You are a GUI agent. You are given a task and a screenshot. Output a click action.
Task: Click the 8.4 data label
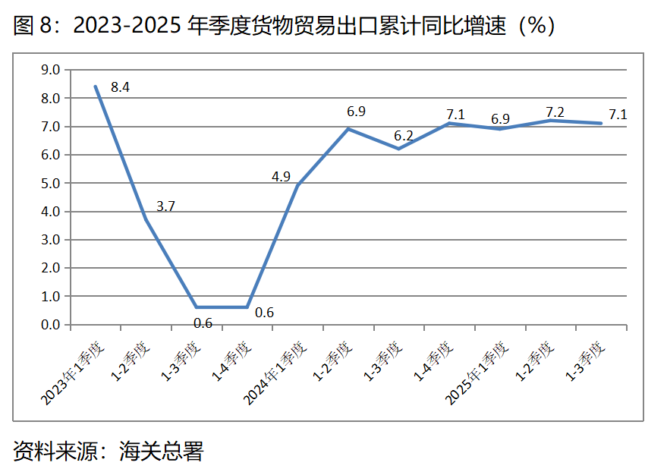click(120, 87)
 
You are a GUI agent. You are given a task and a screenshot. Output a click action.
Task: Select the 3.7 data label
click(165, 206)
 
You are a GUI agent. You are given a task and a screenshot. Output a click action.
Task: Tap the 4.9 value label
click(281, 177)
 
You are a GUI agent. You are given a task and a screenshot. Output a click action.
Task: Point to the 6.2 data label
click(403, 137)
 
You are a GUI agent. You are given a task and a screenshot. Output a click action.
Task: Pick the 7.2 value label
click(555, 109)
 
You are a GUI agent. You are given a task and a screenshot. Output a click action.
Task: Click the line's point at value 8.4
click(96, 87)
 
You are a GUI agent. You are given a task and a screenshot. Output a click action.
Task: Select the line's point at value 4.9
click(298, 185)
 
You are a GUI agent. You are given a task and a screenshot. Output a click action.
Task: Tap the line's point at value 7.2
click(551, 120)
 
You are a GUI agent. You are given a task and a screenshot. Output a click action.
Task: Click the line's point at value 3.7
click(146, 219)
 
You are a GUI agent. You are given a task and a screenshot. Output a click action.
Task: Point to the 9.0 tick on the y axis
click(50, 70)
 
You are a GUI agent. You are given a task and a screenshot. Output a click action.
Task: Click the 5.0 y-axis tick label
click(50, 183)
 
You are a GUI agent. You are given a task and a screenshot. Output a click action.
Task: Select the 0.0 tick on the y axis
click(50, 325)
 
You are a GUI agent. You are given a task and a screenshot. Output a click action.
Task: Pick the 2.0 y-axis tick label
click(50, 268)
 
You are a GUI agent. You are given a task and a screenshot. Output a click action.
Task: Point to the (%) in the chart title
click(536, 26)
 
